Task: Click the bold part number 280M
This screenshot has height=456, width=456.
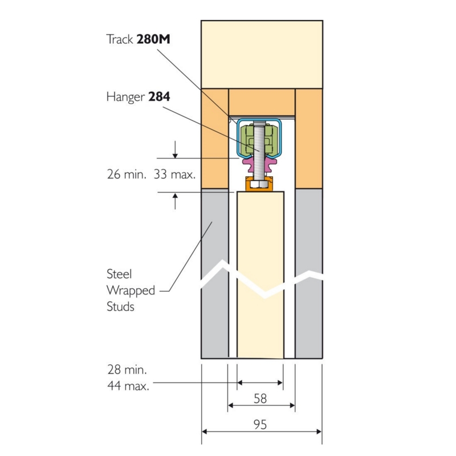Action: [x=153, y=39]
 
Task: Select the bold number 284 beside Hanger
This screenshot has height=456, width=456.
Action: [x=159, y=97]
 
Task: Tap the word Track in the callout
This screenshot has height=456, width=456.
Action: [x=120, y=39]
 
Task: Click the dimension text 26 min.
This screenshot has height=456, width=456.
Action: [x=127, y=174]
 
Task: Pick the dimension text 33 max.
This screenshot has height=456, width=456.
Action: [x=174, y=174]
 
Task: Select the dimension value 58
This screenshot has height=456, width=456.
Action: [x=260, y=398]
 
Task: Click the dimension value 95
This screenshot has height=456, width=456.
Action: [x=260, y=425]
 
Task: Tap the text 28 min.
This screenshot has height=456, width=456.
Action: [x=127, y=370]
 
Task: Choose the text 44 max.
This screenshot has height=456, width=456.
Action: [x=128, y=386]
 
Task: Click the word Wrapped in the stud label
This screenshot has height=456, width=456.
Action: [x=131, y=291]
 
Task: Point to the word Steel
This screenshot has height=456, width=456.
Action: [x=119, y=274]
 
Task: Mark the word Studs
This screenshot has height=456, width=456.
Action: [x=120, y=307]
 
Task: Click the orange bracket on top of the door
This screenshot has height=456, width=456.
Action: [x=260, y=184]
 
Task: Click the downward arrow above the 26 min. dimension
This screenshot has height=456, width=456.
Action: [x=175, y=149]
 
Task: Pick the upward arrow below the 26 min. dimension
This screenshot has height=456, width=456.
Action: [x=175, y=201]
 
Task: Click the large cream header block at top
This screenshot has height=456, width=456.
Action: [x=262, y=54]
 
